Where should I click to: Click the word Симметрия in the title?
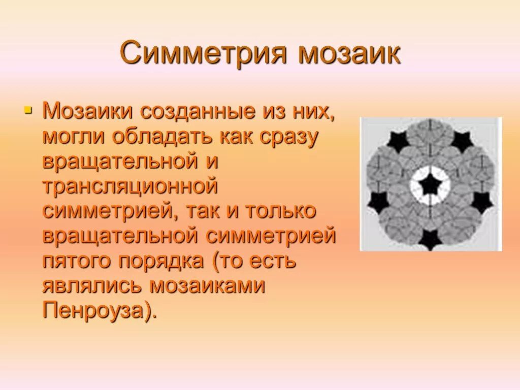point(204,54)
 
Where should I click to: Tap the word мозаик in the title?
point(349,54)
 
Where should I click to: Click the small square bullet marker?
point(28,109)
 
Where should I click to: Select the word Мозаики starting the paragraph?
point(88,111)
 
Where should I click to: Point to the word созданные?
point(199,111)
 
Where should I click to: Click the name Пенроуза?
point(96,310)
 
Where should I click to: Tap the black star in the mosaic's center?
point(430,185)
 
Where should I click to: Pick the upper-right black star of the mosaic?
point(462,140)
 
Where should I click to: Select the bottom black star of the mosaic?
point(430,239)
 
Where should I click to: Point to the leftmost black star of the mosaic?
point(378,202)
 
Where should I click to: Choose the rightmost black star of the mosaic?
point(481,202)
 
